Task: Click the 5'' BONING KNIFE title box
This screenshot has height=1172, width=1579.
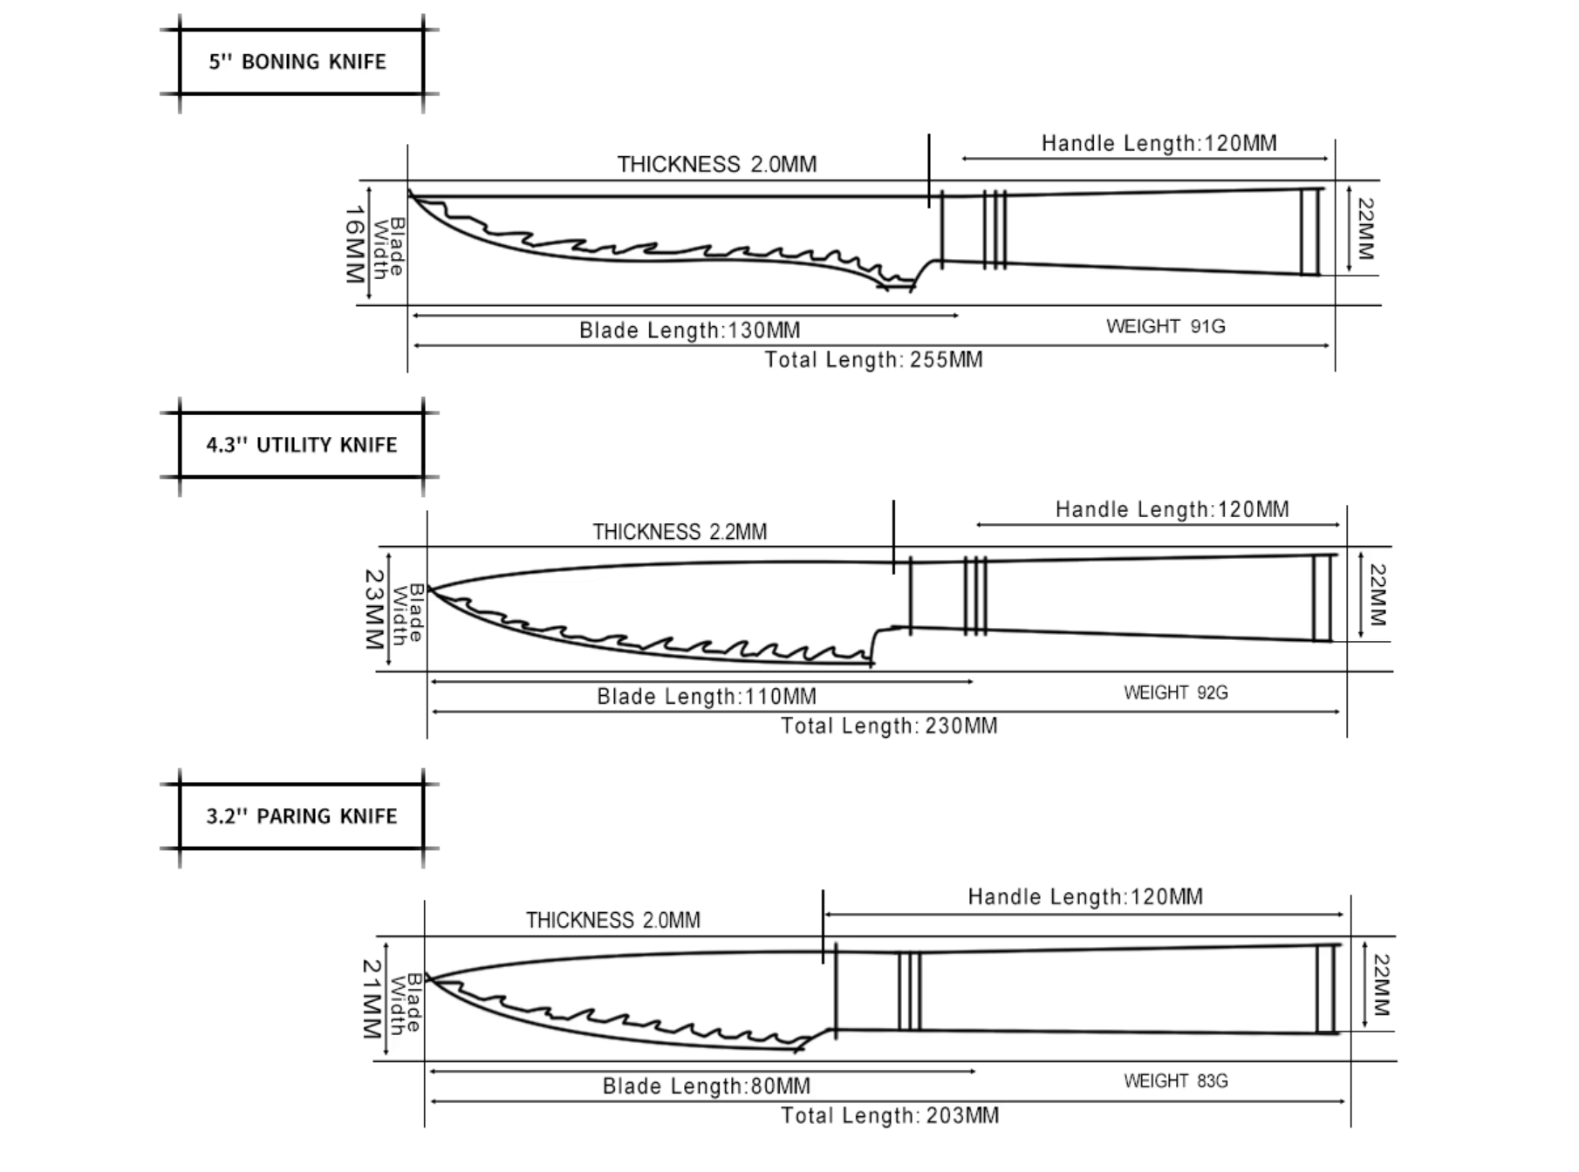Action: coord(301,62)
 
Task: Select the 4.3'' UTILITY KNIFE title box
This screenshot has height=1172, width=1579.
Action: coord(301,445)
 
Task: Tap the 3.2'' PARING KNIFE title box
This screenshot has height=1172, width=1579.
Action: coord(301,816)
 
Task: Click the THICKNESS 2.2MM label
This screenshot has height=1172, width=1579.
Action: coord(680,532)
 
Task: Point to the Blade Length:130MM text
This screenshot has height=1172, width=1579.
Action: coord(689,330)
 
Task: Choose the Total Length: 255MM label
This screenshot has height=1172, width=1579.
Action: coord(873,360)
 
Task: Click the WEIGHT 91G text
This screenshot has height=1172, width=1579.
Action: coord(1165,326)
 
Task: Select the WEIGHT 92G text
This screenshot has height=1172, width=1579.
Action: coord(1175,692)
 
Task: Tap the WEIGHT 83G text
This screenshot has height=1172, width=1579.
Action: coord(1175,1081)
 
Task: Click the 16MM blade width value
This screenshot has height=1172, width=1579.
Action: coord(354,244)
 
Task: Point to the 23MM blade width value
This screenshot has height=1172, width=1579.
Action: coord(373,610)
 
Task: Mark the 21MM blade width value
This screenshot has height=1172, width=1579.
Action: coord(372,998)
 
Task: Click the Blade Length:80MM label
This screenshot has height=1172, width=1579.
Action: coord(706,1087)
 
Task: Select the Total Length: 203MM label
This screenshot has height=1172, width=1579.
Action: coord(890,1116)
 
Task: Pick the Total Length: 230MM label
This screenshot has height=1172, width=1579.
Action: coord(889,726)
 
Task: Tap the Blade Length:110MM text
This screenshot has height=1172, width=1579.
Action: coord(707,697)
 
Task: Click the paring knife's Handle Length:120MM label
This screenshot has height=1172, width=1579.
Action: coord(1085,897)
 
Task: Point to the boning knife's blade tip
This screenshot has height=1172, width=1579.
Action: coord(409,191)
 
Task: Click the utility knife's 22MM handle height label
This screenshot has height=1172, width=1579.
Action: coord(1377,595)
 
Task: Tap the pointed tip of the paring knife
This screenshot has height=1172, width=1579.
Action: coord(427,978)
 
